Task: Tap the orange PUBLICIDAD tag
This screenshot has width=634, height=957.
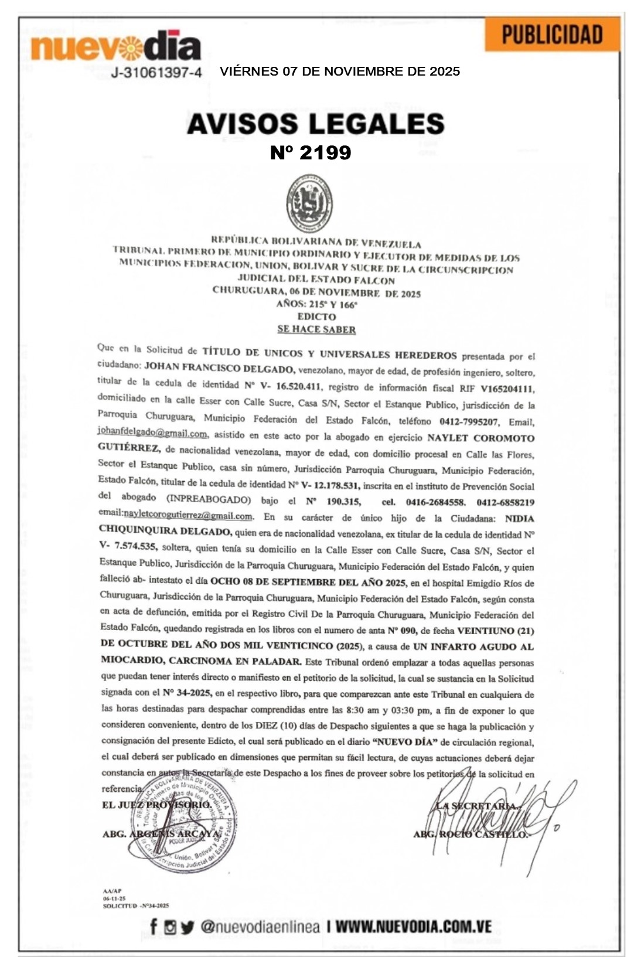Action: tap(552, 35)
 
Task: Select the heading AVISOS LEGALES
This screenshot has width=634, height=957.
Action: tap(316, 124)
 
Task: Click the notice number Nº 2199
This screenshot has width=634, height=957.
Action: tap(311, 152)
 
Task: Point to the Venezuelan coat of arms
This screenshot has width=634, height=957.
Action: tap(310, 203)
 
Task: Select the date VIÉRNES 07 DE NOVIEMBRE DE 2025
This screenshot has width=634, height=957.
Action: tap(340, 71)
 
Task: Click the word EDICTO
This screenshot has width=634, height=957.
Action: tap(316, 316)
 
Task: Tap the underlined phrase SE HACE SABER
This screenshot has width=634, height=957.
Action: tap(316, 329)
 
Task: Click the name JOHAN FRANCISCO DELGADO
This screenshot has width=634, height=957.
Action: tap(219, 369)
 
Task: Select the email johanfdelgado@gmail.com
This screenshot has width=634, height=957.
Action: tap(152, 433)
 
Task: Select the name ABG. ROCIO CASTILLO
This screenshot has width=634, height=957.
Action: tap(471, 834)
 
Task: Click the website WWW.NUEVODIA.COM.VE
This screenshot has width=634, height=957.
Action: tap(413, 927)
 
